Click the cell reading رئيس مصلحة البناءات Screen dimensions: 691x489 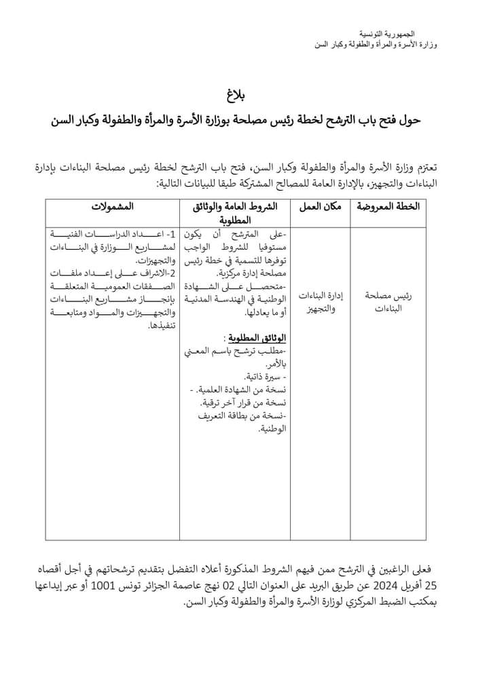point(388,302)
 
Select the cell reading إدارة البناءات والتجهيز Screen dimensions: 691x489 point(319,302)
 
